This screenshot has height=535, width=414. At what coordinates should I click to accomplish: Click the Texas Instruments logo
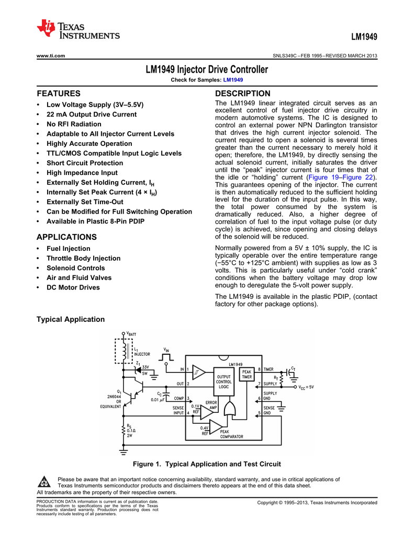79,30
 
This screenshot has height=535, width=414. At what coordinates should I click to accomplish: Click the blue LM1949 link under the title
233,79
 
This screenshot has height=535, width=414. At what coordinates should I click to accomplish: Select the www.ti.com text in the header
50,56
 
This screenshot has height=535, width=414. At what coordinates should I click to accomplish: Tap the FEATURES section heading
58,94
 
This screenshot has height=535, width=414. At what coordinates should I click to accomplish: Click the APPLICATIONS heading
66,237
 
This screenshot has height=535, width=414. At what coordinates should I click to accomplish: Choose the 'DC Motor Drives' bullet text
73,287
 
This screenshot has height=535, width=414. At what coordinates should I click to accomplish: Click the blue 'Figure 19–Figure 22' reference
341,178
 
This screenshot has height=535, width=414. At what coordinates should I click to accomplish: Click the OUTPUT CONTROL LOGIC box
223,381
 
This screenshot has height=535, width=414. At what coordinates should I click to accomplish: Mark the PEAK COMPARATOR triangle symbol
220,429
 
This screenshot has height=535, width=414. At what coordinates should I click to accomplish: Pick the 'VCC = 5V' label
302,387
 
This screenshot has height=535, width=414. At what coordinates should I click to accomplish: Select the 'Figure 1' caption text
207,464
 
